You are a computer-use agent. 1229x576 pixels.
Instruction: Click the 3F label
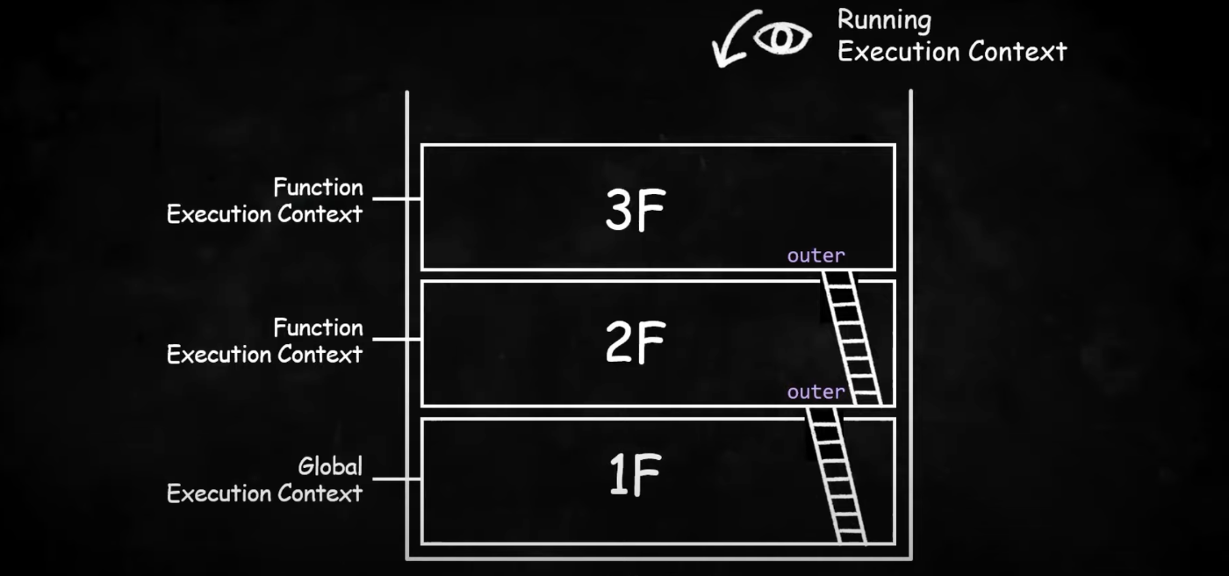[635, 210]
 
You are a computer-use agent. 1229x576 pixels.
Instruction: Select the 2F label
[635, 342]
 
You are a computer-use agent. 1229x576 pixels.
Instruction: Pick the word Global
[330, 466]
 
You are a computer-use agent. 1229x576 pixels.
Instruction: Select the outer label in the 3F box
[816, 256]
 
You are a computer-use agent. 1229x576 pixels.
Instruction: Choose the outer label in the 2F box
[816, 392]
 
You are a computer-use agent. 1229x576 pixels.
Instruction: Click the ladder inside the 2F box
[852, 338]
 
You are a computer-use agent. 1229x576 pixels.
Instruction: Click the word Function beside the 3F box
[318, 187]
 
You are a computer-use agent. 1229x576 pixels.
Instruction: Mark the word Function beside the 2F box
[318, 328]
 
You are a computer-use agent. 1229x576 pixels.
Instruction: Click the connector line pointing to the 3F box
[397, 199]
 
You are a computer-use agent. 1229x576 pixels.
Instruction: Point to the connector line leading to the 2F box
[397, 339]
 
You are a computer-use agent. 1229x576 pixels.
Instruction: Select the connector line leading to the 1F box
[397, 479]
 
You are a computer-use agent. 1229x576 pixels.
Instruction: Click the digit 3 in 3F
[619, 210]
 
